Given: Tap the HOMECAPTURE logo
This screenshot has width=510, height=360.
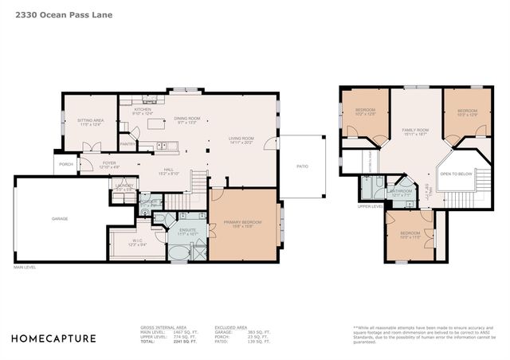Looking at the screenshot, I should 55,338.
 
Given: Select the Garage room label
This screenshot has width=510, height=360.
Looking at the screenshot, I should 60,218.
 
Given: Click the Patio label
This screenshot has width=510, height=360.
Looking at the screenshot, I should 302,166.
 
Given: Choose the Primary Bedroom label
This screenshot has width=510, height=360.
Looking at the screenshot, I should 243,223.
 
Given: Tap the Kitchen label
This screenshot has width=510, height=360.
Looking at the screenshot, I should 142,110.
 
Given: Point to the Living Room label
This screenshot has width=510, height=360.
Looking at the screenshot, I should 241,139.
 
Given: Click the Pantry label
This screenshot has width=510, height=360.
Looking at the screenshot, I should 127,143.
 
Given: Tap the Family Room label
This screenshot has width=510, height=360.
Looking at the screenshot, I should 415,131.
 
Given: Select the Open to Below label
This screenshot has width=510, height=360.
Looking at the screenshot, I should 456,173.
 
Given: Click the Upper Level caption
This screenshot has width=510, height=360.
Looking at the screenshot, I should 371,206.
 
